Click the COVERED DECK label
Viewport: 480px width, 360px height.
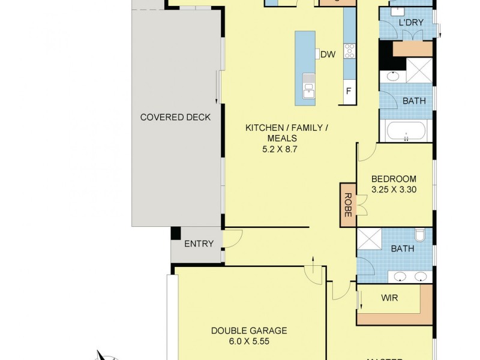(x=175, y=117)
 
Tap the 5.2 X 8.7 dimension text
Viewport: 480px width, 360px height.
(x=280, y=149)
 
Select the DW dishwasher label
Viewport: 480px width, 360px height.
(x=327, y=55)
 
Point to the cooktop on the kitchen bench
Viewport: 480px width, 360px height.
(x=349, y=52)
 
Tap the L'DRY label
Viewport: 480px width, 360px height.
(x=411, y=23)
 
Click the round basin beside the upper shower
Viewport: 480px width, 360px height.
(x=393, y=76)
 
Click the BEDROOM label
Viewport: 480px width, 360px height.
(x=393, y=179)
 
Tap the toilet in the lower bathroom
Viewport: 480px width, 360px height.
(x=421, y=235)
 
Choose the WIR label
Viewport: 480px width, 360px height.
(x=389, y=298)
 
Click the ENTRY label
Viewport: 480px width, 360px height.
(x=198, y=244)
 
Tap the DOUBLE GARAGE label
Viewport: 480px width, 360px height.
(x=248, y=331)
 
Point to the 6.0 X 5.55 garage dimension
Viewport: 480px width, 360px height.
(x=248, y=341)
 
